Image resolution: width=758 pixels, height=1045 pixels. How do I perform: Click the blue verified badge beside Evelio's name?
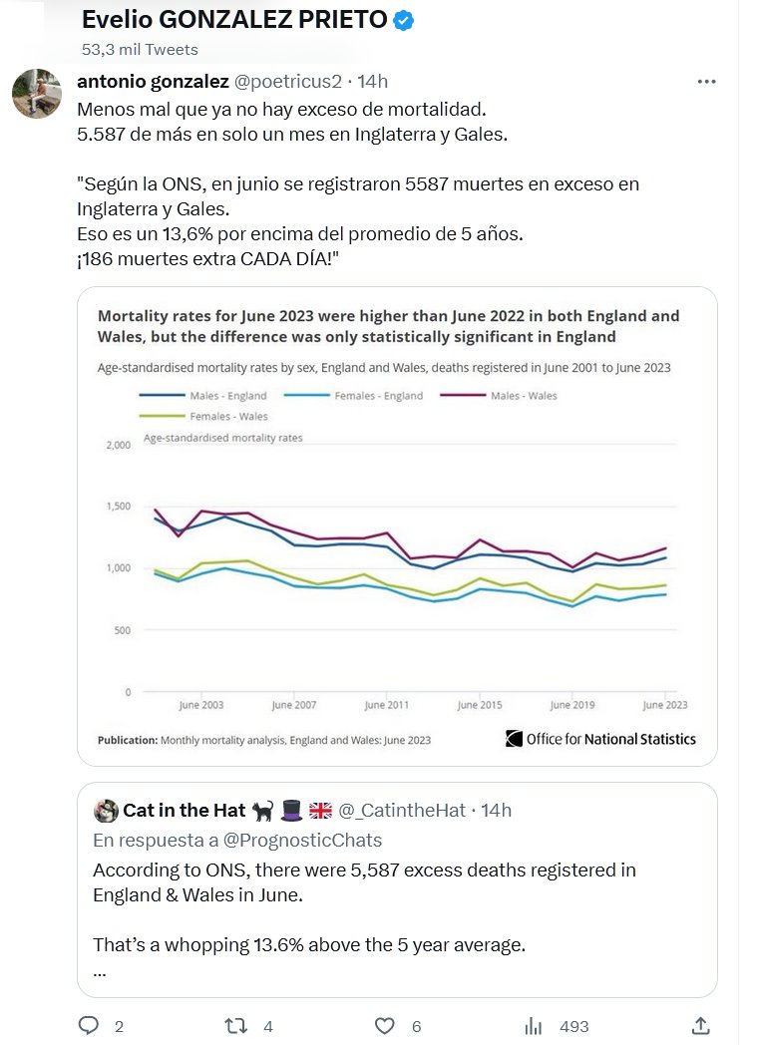[403, 21]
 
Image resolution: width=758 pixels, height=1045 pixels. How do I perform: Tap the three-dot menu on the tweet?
[706, 81]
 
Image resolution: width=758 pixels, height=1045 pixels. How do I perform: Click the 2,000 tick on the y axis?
[118, 445]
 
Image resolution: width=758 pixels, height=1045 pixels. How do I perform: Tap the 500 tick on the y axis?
[122, 630]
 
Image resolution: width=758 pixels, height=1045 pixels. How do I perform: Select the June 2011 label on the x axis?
[386, 705]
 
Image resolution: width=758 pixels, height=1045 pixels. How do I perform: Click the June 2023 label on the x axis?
[664, 705]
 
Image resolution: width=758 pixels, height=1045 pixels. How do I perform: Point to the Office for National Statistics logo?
[600, 739]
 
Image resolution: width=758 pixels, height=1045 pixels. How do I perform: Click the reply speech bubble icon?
[89, 1025]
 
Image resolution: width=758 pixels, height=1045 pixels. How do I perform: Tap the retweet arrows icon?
[235, 1025]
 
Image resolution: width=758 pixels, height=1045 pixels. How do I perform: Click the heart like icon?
[384, 1025]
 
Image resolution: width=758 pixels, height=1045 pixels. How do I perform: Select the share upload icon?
[701, 1025]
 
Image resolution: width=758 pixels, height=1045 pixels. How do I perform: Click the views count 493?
[574, 1026]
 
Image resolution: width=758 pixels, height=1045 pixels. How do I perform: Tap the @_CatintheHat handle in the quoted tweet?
[402, 811]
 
